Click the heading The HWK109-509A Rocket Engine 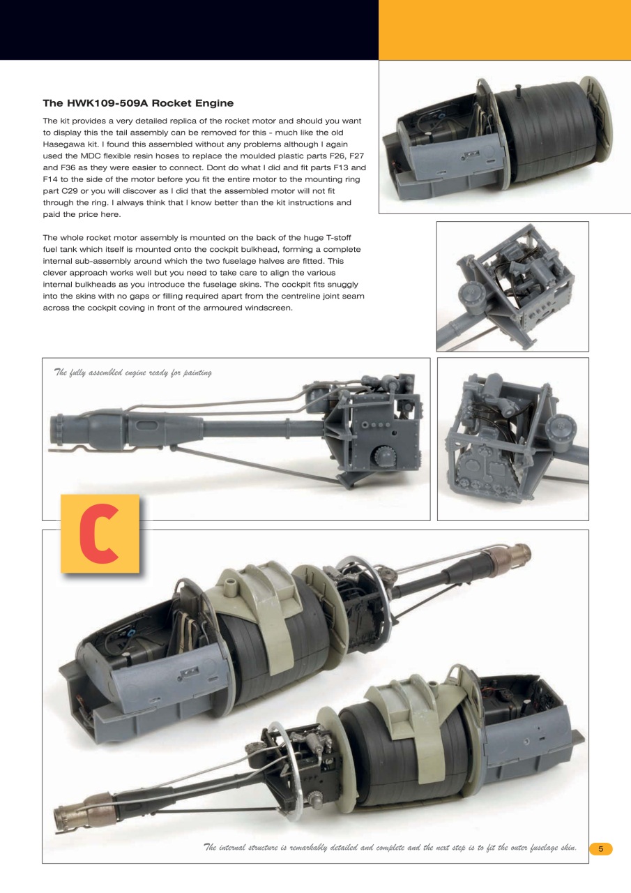(138, 103)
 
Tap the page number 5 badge (600, 848)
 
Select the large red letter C (100, 534)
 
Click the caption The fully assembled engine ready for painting (132, 372)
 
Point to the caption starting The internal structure (390, 847)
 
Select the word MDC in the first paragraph (97, 156)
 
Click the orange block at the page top (504, 29)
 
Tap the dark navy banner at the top (188, 29)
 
